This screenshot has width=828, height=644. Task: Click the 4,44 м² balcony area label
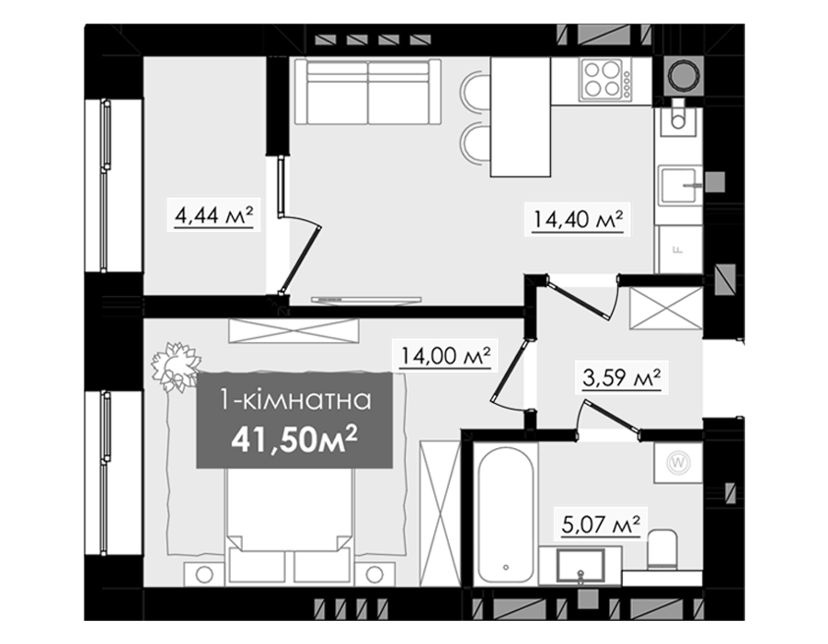click(213, 215)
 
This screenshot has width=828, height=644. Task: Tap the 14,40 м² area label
click(579, 219)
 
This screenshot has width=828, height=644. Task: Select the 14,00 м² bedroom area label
click(445, 356)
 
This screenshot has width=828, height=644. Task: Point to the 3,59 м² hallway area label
click(622, 377)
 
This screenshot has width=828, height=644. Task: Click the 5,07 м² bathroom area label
click(601, 524)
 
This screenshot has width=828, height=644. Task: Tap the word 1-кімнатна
click(295, 400)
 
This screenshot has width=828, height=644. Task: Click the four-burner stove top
click(605, 79)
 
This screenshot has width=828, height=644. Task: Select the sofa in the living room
click(367, 92)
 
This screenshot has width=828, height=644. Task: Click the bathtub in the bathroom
click(506, 514)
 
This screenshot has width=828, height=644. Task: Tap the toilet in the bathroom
click(662, 549)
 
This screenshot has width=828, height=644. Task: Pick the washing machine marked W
click(679, 463)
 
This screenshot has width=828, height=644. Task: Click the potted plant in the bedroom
click(176, 366)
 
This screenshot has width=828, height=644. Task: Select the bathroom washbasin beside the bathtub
click(581, 566)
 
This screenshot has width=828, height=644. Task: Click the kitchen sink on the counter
click(679, 185)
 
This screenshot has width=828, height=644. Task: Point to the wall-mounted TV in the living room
click(366, 299)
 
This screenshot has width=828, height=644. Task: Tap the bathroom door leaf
click(612, 417)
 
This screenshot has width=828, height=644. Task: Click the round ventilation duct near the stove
click(684, 76)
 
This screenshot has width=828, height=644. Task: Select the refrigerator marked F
click(679, 249)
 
